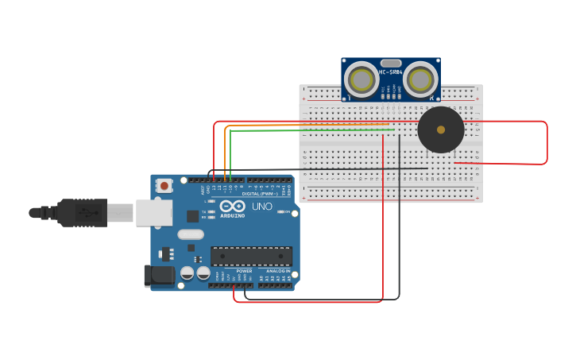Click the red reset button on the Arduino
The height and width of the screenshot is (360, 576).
[164, 186]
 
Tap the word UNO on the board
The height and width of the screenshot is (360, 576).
[262, 207]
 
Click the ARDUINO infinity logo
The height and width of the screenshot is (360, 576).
[232, 208]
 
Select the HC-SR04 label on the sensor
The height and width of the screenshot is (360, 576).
[391, 72]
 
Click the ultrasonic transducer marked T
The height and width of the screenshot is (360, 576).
[361, 80]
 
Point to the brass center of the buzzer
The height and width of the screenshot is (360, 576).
[441, 130]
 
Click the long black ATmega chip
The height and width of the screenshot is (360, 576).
[251, 256]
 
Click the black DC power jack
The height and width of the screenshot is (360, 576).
[159, 276]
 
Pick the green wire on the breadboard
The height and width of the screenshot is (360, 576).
[310, 130]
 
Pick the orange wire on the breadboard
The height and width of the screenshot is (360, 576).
[310, 126]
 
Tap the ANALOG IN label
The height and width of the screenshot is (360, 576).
[278, 271]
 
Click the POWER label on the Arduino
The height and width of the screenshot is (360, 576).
[244, 271]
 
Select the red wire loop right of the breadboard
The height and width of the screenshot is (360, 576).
[547, 143]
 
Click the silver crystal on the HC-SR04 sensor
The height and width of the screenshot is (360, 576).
[391, 63]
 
